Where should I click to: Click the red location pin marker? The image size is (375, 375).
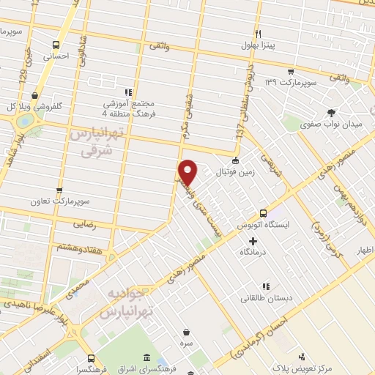click(x=188, y=171)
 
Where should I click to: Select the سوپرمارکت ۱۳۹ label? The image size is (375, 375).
click(x=291, y=82)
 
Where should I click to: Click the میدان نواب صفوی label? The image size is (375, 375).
click(x=332, y=125)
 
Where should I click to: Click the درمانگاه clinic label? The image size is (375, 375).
click(x=253, y=252)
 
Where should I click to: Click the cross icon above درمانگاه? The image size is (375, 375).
click(x=253, y=241)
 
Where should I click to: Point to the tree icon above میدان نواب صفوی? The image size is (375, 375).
click(x=332, y=113)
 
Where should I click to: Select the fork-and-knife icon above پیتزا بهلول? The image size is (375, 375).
click(x=257, y=34)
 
